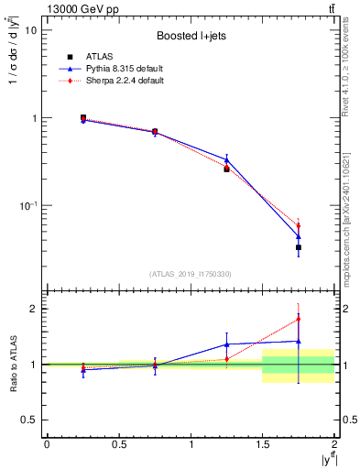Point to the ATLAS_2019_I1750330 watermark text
click(191, 274)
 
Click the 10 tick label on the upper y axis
click(30, 30)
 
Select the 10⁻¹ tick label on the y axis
click(28, 206)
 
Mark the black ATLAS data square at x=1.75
click(299, 247)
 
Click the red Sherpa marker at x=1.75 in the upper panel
click(299, 226)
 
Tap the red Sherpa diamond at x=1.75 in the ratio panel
click(299, 320)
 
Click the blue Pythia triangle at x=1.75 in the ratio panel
click(299, 342)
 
